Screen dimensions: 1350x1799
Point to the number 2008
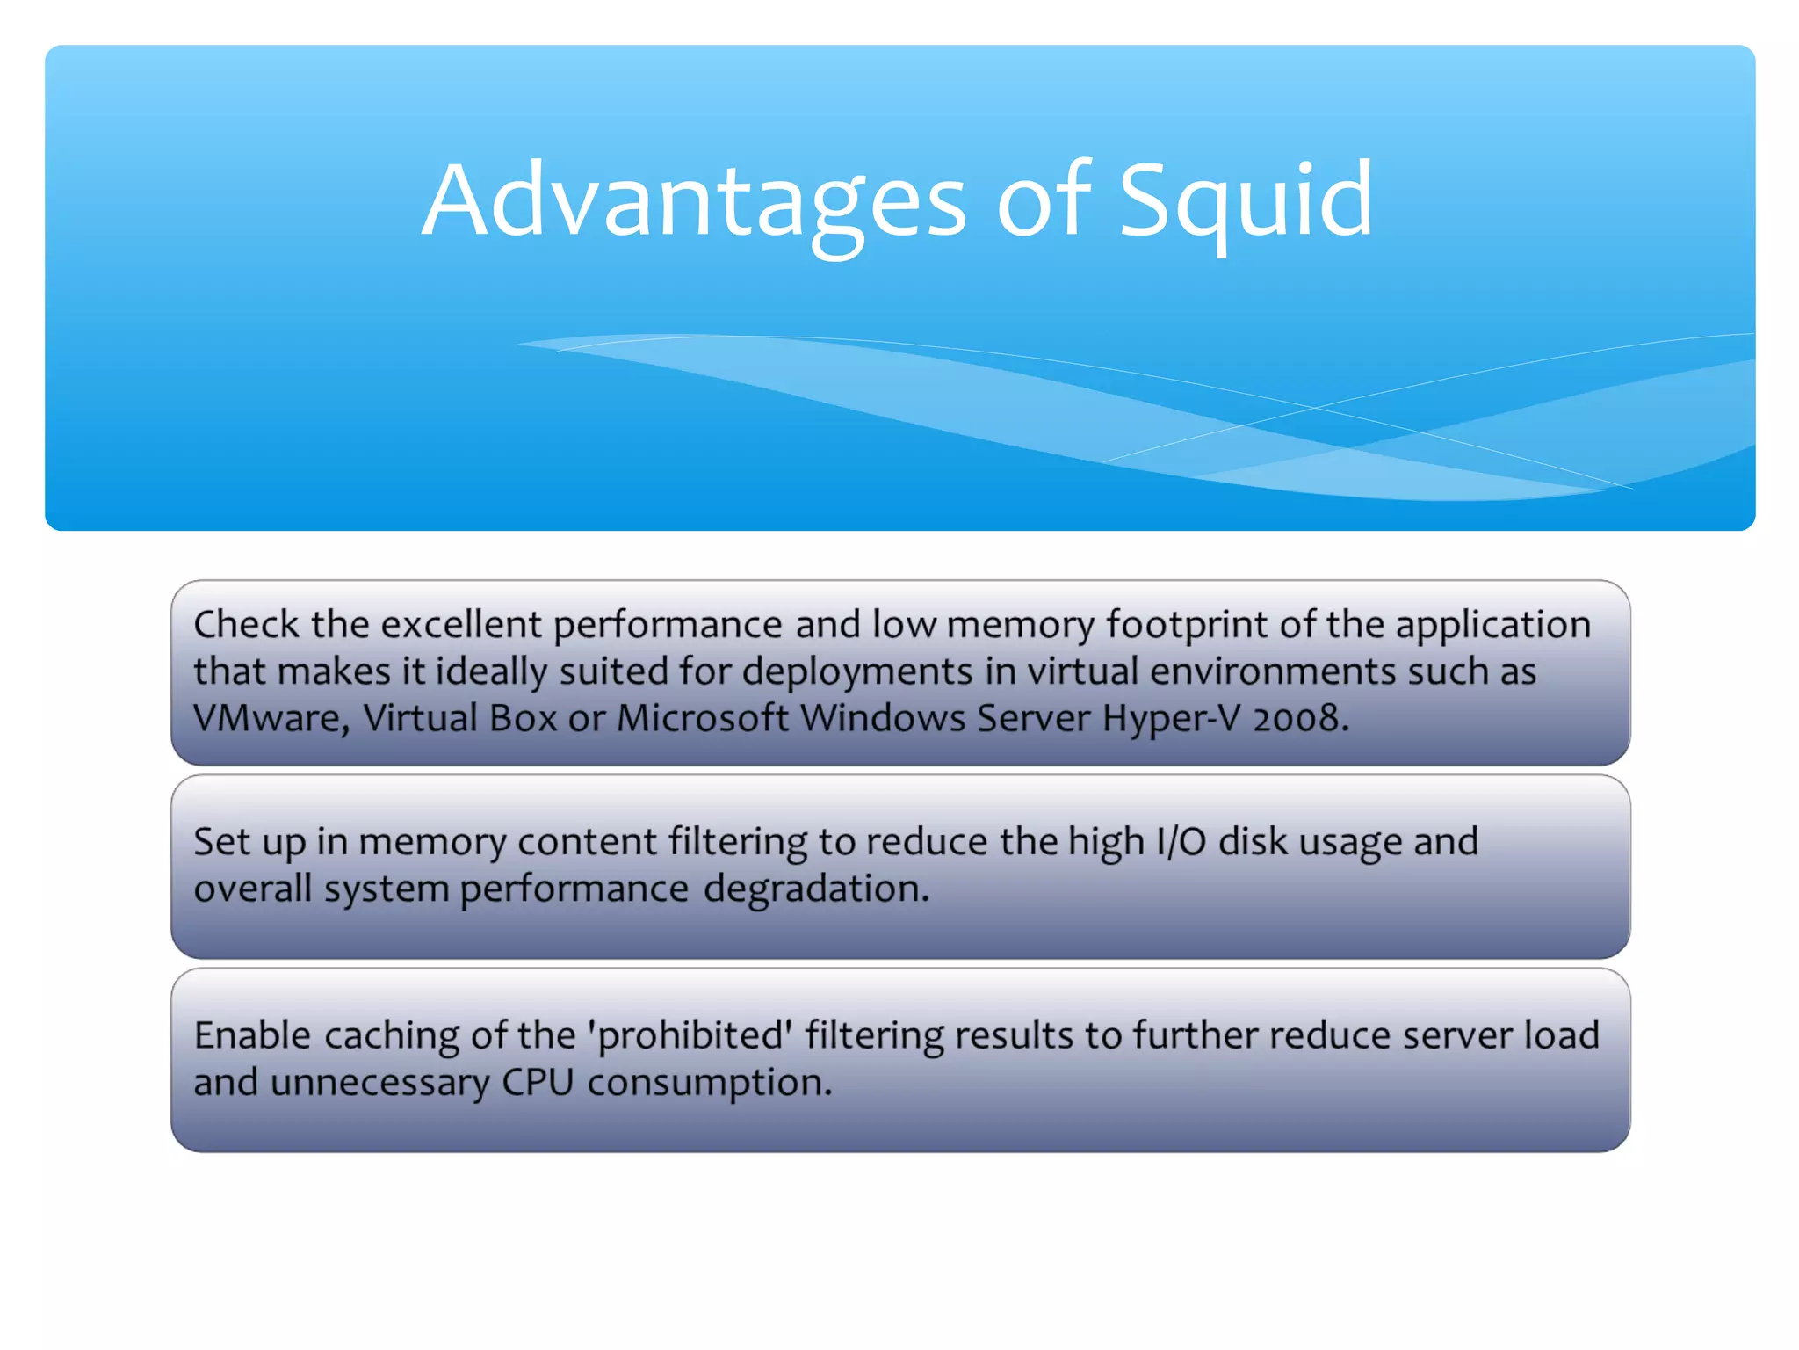click(1300, 719)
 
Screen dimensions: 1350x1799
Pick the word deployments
click(857, 672)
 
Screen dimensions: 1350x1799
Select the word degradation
click(816, 889)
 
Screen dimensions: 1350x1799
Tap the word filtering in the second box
click(738, 842)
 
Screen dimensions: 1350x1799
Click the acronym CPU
click(538, 1083)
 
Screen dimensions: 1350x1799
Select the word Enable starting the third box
click(252, 1036)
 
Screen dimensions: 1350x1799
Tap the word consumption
click(709, 1083)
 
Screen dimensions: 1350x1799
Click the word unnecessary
click(379, 1083)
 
